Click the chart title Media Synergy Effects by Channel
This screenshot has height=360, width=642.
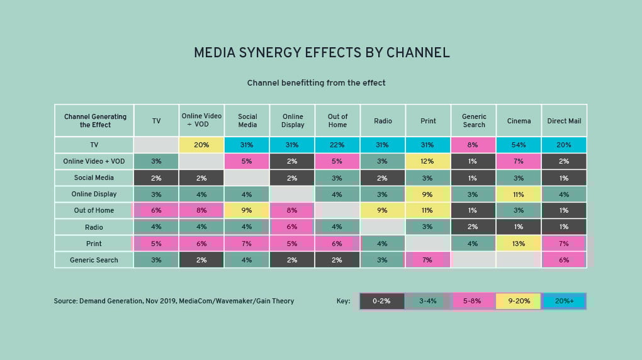pos(321,53)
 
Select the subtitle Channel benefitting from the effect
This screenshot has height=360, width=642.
pos(316,83)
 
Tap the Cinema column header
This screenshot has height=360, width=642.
pos(519,121)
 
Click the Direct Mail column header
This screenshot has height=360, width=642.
pos(565,121)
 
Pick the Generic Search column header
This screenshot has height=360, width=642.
pos(474,121)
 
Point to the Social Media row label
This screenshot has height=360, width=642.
pos(94,177)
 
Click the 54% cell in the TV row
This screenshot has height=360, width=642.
pos(519,145)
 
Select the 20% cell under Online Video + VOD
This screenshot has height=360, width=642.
pos(202,145)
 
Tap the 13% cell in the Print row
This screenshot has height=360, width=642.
pos(519,244)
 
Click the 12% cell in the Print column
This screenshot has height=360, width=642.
pos(428,161)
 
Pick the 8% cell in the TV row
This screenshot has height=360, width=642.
pos(474,145)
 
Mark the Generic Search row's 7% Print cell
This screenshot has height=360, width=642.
pos(428,260)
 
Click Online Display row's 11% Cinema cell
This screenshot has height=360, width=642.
pos(519,194)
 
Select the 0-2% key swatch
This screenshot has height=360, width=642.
pos(381,301)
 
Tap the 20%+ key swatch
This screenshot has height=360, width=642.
pos(563,301)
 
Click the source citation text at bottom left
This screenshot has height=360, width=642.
pos(174,301)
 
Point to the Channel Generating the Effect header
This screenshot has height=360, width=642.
pos(95,121)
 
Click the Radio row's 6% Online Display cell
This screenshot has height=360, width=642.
pos(293,227)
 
